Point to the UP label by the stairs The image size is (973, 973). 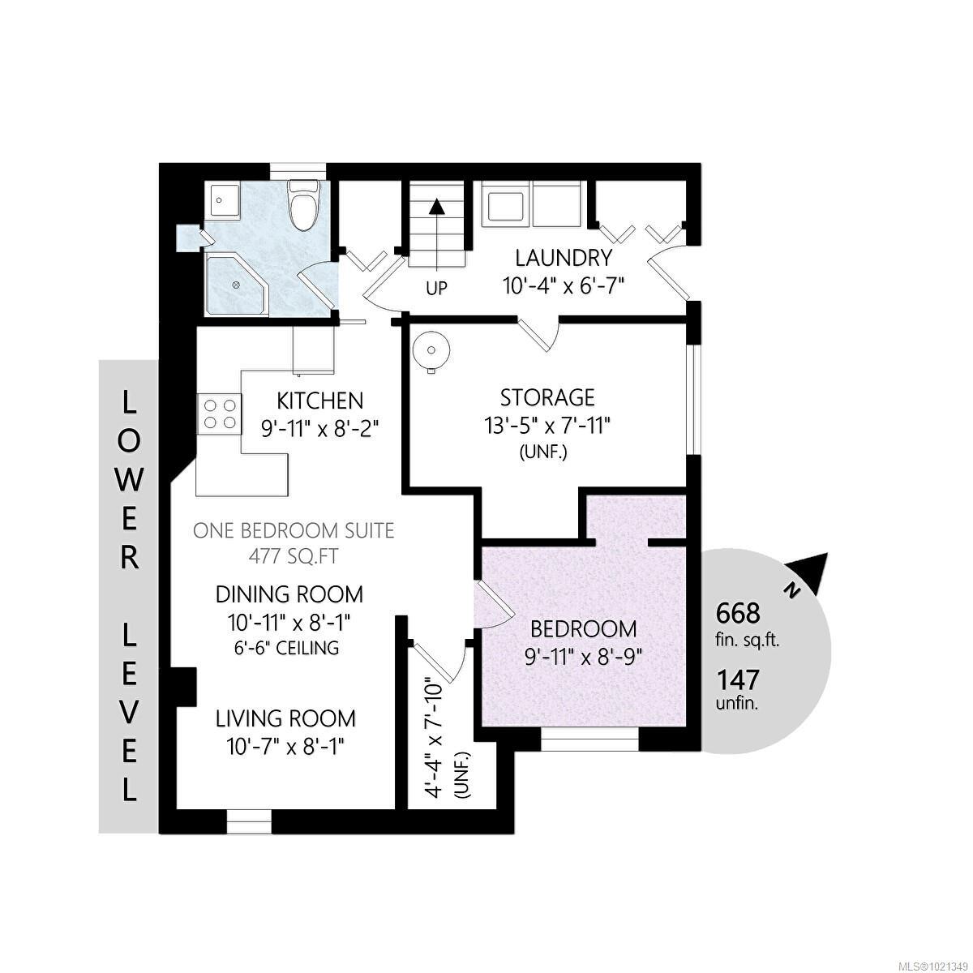pos(436,289)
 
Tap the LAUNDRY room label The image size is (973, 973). pos(564,259)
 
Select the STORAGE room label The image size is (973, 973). pos(547,397)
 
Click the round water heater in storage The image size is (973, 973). pos(431,350)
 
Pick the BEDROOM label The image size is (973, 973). pos(583,628)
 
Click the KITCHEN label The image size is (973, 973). pos(320,401)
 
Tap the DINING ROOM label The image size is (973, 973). pos(289,594)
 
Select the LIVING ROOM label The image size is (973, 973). pos(285,718)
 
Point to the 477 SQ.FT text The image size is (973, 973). pos(294,557)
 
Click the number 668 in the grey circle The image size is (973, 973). pos(738,612)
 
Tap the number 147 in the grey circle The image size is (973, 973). pos(738,679)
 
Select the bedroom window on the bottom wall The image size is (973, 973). pos(589,739)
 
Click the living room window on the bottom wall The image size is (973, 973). pos(248,821)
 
